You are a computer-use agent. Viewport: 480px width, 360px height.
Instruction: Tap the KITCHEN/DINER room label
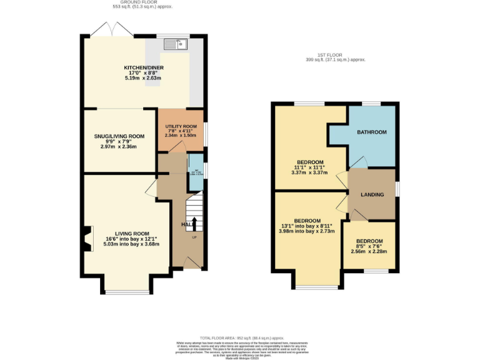point(136,67)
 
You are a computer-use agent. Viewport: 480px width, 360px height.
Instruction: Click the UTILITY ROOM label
point(181,117)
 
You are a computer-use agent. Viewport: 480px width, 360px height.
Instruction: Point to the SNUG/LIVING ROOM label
point(119,136)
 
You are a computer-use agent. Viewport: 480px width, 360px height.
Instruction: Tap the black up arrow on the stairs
point(193,224)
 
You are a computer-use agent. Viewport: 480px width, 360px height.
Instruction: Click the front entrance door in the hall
point(194,265)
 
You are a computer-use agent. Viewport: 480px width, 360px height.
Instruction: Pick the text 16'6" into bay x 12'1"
point(127,238)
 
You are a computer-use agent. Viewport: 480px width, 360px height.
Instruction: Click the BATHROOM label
point(371,132)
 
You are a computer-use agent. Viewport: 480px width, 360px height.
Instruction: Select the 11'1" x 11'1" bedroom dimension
point(309,167)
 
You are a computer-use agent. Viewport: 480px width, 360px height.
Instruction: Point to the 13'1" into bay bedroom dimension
point(307,226)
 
